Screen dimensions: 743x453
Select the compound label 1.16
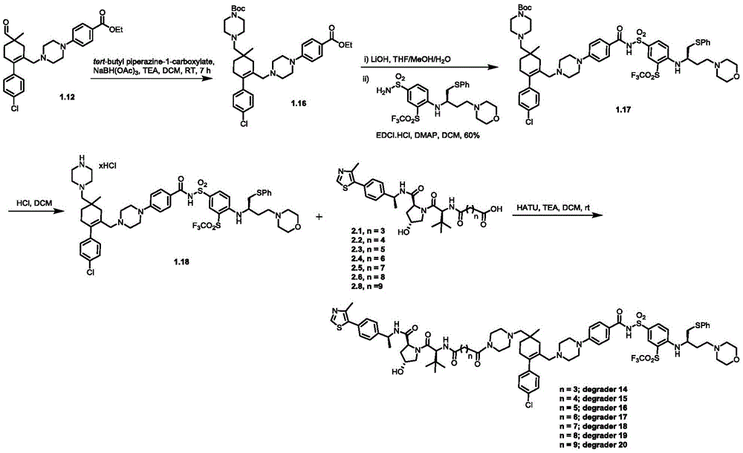(x=298, y=102)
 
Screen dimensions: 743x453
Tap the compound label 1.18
(x=181, y=261)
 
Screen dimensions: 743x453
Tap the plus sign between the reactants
(x=317, y=216)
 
